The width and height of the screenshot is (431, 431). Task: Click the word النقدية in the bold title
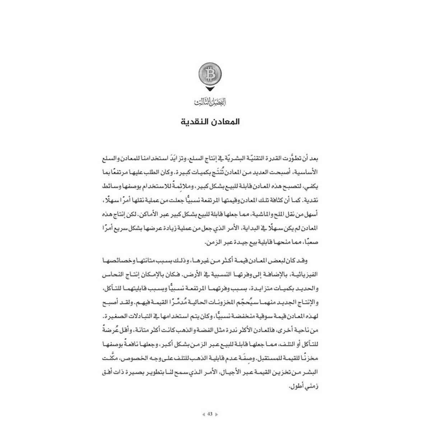(197, 121)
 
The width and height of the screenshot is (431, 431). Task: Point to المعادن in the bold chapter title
(225, 121)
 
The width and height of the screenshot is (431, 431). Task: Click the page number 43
(210, 414)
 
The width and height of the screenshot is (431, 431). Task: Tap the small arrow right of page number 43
(217, 414)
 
